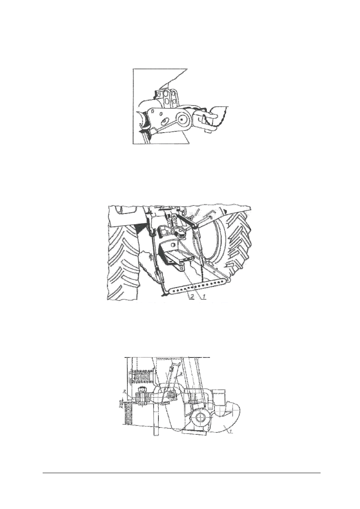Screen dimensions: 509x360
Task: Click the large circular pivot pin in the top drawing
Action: coord(183,120)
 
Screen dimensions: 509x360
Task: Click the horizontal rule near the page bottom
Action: coord(181,473)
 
